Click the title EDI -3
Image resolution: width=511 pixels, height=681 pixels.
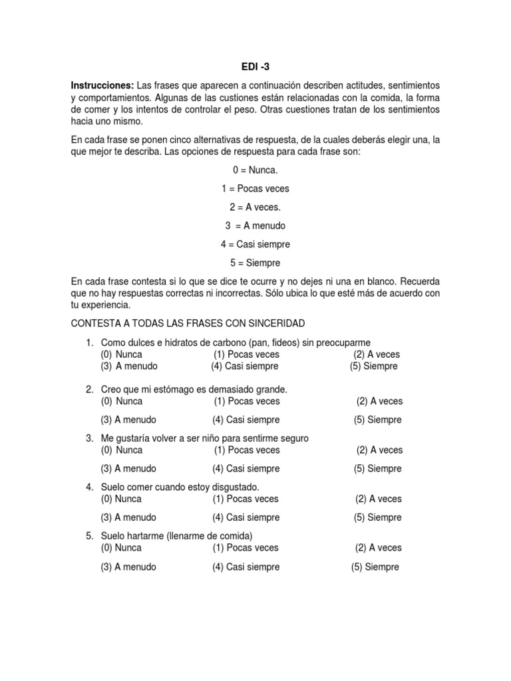coord(255,67)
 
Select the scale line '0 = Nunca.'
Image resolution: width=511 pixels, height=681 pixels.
coord(255,171)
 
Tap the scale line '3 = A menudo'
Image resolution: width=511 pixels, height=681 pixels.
coord(255,226)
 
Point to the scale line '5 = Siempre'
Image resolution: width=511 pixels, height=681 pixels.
coord(255,263)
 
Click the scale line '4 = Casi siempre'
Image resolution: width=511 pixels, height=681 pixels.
coord(255,244)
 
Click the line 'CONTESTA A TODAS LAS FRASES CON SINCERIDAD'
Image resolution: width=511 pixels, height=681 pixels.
coord(188,323)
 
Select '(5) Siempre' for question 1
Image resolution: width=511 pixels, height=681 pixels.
coord(374,366)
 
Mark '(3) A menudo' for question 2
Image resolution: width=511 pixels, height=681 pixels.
coord(128,420)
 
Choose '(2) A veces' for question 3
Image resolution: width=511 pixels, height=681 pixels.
coord(379,450)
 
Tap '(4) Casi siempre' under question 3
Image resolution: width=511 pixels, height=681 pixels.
coord(246,468)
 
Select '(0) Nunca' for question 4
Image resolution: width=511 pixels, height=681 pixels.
coord(121,499)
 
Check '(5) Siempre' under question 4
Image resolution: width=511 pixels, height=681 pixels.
coord(377,517)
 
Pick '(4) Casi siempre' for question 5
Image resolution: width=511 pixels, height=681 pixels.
coord(246,567)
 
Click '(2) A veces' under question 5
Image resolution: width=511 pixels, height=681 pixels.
coord(379,548)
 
